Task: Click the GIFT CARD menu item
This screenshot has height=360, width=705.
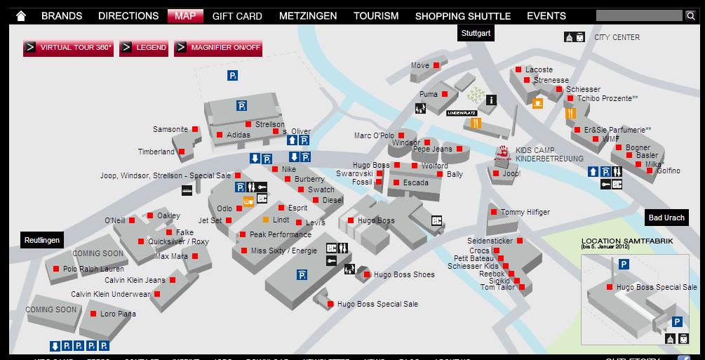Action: (237, 15)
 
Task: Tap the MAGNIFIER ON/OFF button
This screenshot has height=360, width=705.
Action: (218, 48)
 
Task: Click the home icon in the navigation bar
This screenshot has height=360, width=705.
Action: (21, 15)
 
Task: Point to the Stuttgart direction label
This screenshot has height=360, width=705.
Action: (476, 32)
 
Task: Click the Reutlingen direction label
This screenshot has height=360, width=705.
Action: (42, 239)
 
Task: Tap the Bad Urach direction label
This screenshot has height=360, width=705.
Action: (666, 218)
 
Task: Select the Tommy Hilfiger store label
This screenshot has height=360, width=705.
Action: (525, 212)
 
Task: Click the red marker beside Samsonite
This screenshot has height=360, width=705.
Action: (196, 129)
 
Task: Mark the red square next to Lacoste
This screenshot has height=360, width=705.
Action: (518, 69)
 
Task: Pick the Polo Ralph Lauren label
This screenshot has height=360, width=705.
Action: (93, 269)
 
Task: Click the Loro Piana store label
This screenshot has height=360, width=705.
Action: (118, 314)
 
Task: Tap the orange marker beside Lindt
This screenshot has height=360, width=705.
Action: (266, 220)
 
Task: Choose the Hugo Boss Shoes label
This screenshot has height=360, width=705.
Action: (404, 274)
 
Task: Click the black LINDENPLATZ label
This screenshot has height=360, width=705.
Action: (462, 112)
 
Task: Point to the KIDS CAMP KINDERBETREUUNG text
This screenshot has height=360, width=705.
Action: (549, 154)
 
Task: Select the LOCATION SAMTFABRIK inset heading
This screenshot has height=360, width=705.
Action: (626, 241)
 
